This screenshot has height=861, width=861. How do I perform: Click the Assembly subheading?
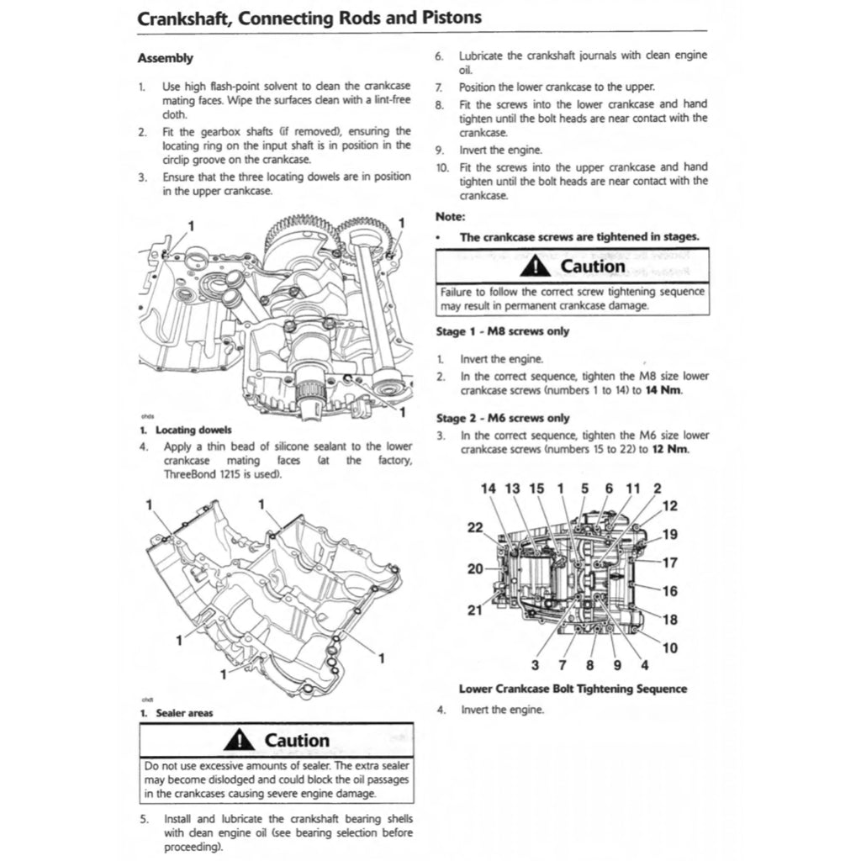click(x=165, y=58)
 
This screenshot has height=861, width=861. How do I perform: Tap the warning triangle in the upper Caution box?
click(x=534, y=267)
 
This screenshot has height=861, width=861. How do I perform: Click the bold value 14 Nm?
click(x=663, y=390)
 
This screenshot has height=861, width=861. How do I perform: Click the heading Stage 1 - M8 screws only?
click(x=502, y=331)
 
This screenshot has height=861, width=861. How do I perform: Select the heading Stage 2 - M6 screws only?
click(x=502, y=418)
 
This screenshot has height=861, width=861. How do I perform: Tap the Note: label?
click(x=451, y=216)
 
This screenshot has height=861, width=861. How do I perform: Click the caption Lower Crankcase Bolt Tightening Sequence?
click(x=573, y=689)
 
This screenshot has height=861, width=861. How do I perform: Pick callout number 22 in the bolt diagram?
click(x=475, y=527)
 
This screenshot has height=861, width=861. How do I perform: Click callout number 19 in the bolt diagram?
click(x=669, y=534)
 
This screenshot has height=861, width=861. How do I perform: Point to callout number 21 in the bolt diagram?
click(x=475, y=610)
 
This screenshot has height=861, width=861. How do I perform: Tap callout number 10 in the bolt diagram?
click(x=669, y=647)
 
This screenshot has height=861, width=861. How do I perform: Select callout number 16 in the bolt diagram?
click(x=669, y=591)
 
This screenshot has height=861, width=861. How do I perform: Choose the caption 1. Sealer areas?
click(x=176, y=713)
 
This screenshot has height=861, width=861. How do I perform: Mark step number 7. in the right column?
click(x=439, y=87)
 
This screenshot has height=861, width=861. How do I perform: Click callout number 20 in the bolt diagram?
click(x=475, y=569)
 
